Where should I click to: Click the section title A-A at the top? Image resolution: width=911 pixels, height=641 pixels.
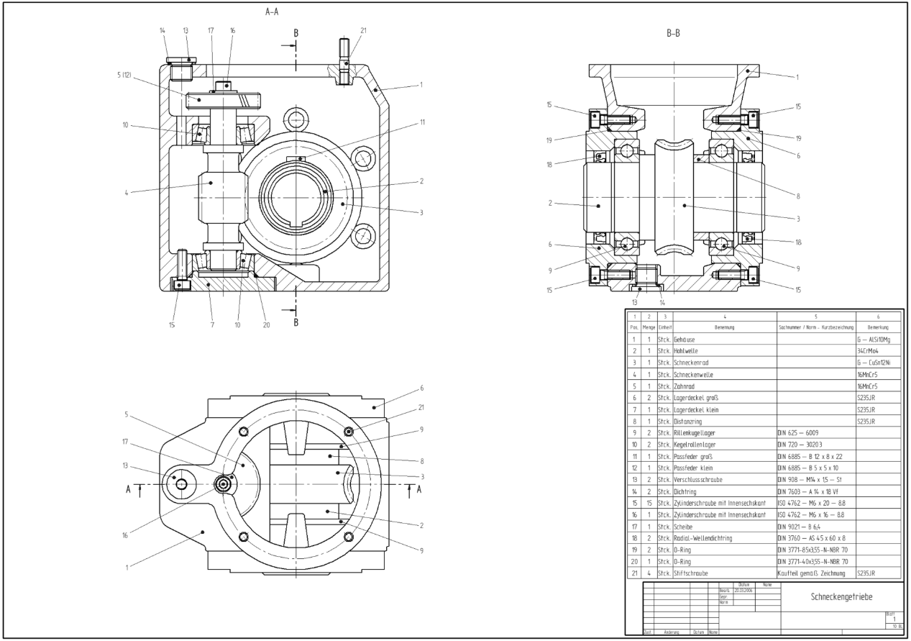pyautogui.click(x=272, y=12)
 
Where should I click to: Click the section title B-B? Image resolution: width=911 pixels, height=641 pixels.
pyautogui.click(x=673, y=33)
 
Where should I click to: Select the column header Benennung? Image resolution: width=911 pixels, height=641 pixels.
pyautogui.click(x=725, y=326)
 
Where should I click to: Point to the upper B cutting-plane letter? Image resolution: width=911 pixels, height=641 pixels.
pyautogui.click(x=296, y=32)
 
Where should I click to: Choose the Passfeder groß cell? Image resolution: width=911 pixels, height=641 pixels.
pyautogui.click(x=694, y=455)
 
